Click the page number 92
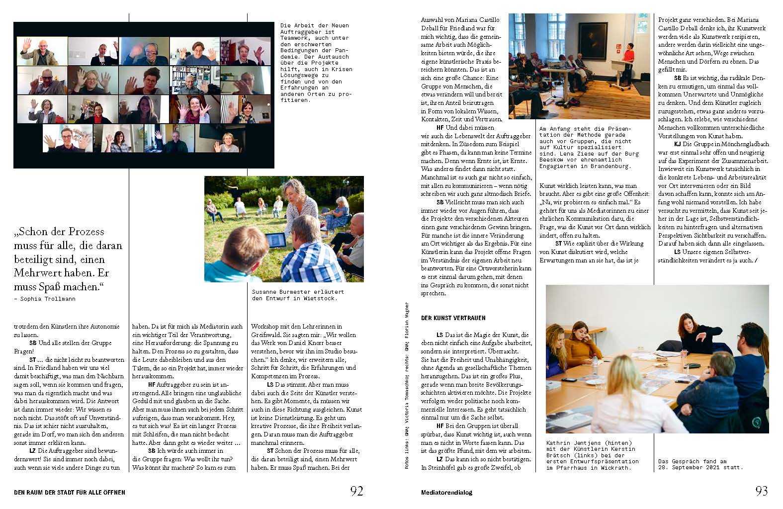(356, 491)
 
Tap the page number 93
(761, 491)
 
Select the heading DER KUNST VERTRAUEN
(453, 318)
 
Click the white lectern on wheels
(619, 75)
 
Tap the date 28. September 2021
(696, 467)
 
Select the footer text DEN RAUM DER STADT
(69, 493)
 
